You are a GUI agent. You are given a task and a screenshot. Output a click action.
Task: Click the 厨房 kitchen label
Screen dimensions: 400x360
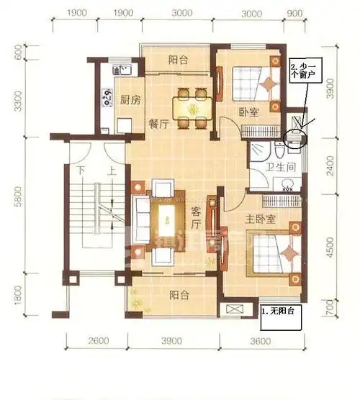point(130,100)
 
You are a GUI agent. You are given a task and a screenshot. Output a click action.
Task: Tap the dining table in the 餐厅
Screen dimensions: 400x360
point(192,106)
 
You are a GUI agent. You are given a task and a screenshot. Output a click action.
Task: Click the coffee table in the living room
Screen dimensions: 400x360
point(169,214)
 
